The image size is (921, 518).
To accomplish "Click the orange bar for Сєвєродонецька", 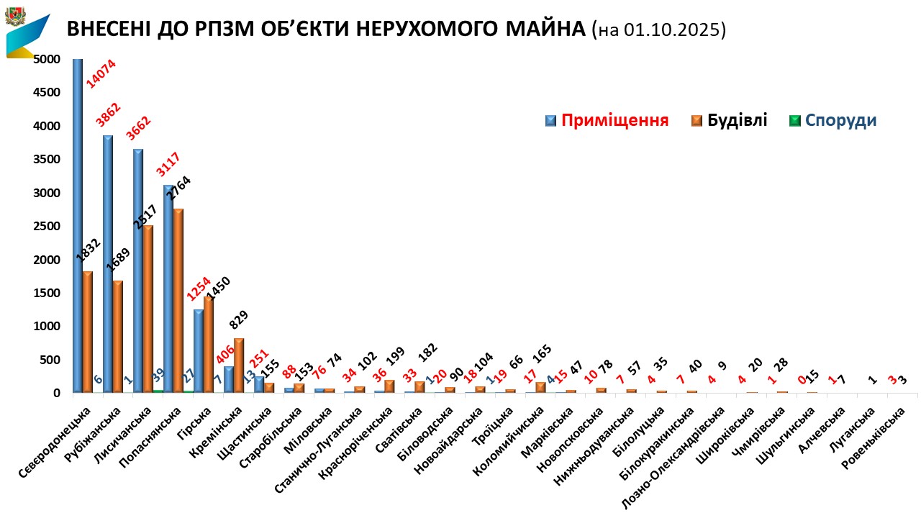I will click(87, 331).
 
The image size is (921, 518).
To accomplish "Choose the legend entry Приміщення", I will click(614, 120).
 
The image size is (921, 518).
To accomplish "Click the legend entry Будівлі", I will click(737, 120).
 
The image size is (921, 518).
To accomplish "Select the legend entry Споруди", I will click(840, 120).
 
